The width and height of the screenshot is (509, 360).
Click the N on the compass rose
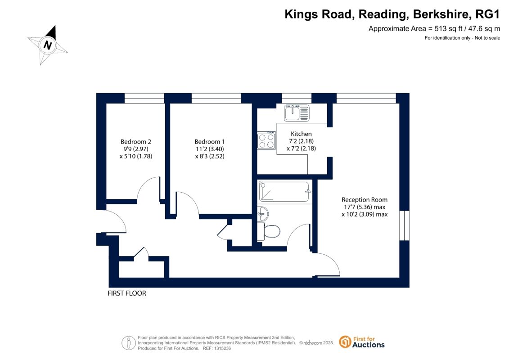[48, 45]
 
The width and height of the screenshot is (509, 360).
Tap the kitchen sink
[297, 112]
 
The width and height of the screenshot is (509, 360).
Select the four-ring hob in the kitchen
[266, 140]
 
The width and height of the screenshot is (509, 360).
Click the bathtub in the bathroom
[284, 192]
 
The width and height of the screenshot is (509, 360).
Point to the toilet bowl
[271, 232]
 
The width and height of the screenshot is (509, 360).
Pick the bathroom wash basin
[263, 214]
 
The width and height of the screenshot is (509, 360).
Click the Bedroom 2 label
[136, 142]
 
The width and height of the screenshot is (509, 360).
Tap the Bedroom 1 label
[209, 142]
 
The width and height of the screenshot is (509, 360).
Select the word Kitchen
[301, 134]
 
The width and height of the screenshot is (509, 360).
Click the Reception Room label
[365, 200]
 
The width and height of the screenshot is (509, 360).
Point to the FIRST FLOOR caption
[127, 293]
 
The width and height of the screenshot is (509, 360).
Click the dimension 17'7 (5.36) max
[365, 207]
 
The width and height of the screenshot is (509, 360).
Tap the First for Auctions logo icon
[345, 342]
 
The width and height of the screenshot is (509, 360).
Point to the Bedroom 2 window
[144, 99]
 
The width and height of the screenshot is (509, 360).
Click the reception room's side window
[404, 225]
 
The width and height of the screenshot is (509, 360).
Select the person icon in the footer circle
[129, 343]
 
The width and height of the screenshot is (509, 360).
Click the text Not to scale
[487, 38]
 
